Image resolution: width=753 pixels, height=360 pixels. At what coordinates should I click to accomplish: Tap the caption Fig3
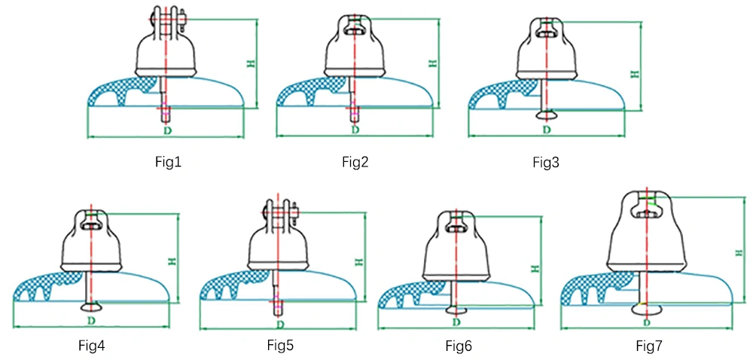pyautogui.click(x=546, y=163)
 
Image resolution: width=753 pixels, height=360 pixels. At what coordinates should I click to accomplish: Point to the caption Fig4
pyautogui.click(x=92, y=345)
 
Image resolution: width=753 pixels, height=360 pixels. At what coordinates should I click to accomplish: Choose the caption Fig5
pyautogui.click(x=281, y=345)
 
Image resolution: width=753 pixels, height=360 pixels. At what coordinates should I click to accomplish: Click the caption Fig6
pyautogui.click(x=459, y=346)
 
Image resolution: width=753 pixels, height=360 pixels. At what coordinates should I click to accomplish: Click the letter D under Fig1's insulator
pyautogui.click(x=166, y=130)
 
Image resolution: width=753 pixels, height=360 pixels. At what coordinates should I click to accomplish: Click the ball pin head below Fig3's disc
pyautogui.click(x=547, y=114)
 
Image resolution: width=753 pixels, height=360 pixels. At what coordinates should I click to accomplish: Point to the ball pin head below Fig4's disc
pyautogui.click(x=91, y=306)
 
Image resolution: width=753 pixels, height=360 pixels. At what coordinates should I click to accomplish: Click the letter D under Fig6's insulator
pyautogui.click(x=457, y=321)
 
